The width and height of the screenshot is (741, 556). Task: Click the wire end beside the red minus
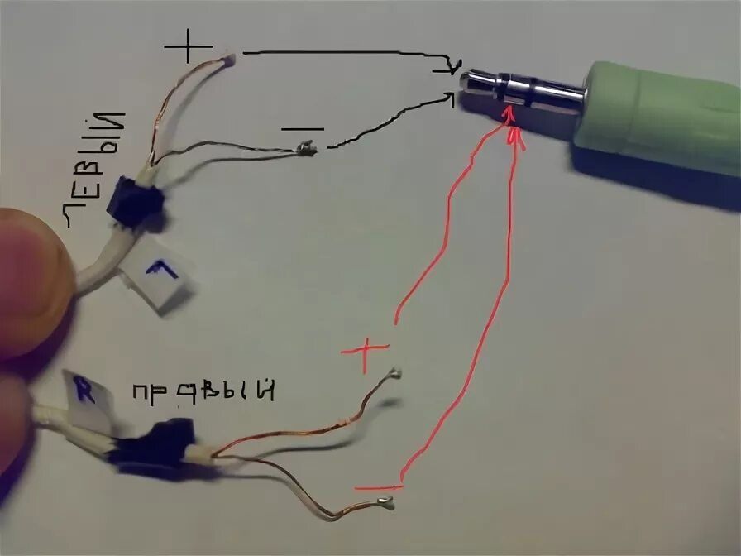click(385, 502)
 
